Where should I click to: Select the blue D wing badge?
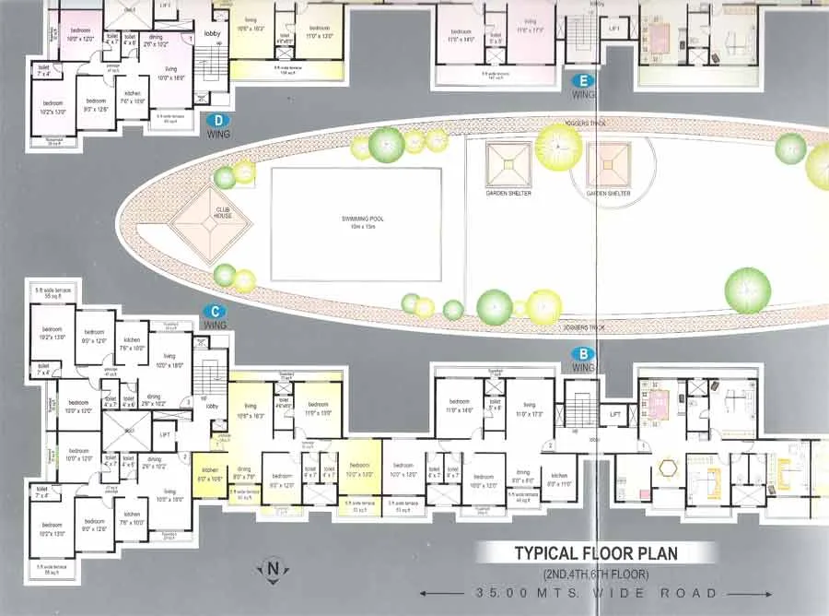(218, 119)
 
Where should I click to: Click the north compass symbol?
(272, 567)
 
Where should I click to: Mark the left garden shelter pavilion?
(508, 165)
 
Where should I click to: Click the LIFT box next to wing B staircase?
(614, 416)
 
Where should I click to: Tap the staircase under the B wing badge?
(582, 405)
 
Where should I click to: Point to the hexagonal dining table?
(666, 468)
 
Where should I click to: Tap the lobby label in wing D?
(212, 34)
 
